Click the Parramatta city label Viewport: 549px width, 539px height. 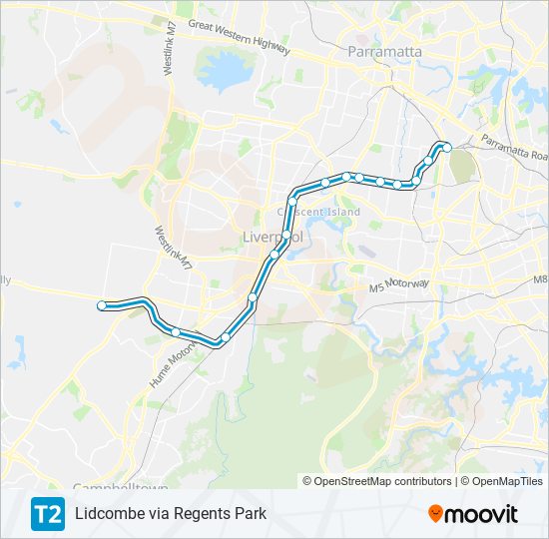(384, 52)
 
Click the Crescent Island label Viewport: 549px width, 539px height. (318, 213)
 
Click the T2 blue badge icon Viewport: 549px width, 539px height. (47, 514)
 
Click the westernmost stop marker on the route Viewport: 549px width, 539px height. (102, 305)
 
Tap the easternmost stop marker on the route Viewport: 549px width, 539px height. (447, 148)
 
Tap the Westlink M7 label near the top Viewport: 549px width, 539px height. (152, 44)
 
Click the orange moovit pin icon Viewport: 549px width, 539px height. (435, 514)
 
